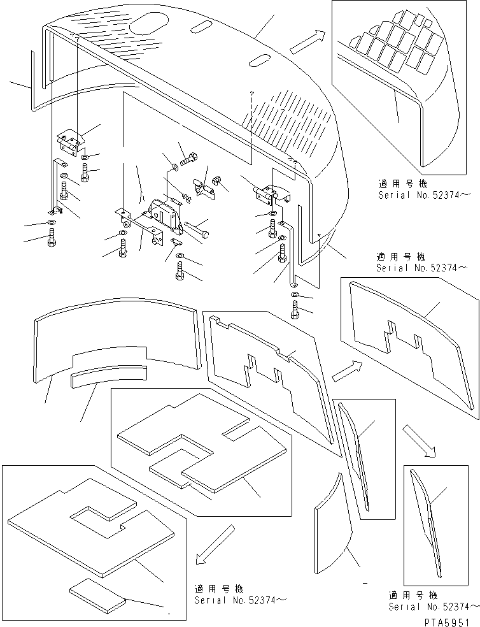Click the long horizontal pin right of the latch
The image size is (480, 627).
(x=195, y=227)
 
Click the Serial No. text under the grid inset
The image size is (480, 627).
(x=423, y=195)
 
